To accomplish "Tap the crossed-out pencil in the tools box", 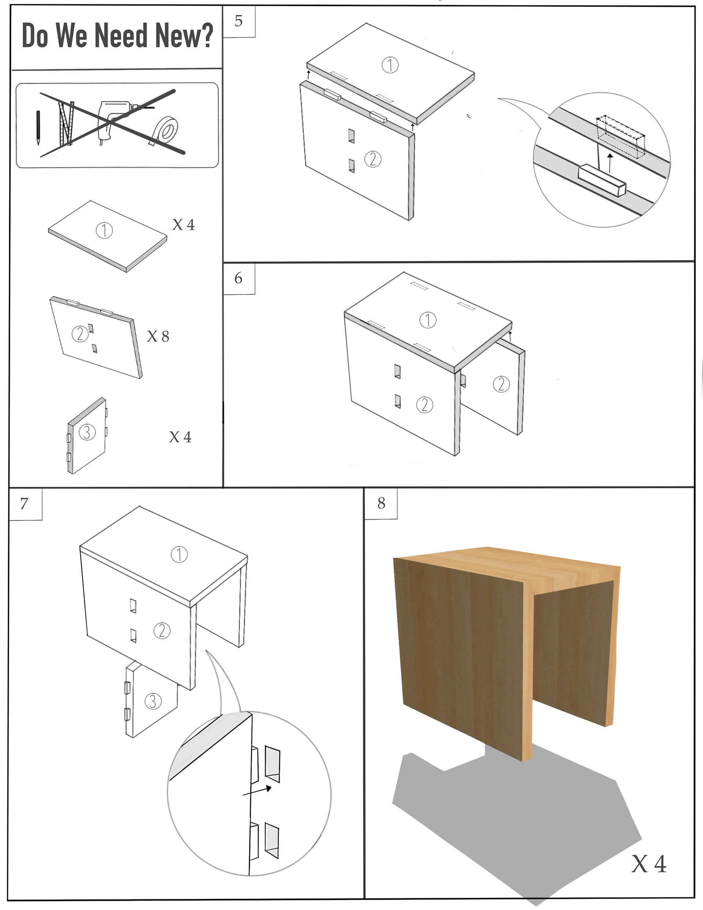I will pyautogui.click(x=38, y=127).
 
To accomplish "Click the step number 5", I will pyautogui.click(x=238, y=21).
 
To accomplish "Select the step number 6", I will pyautogui.click(x=238, y=278).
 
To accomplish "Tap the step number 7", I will pyautogui.click(x=24, y=503).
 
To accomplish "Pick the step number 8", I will pyautogui.click(x=381, y=503).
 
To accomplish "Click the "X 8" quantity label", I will pyautogui.click(x=158, y=336).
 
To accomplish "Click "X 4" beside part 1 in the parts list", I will pyautogui.click(x=184, y=225).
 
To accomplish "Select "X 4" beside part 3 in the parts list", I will pyautogui.click(x=181, y=437).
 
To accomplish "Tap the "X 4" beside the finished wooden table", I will pyautogui.click(x=649, y=864).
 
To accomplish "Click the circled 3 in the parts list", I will pyautogui.click(x=87, y=432).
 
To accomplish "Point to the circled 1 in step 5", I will pyautogui.click(x=390, y=65).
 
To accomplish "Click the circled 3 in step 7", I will pyautogui.click(x=153, y=701).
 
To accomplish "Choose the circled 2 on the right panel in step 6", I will pyautogui.click(x=501, y=384).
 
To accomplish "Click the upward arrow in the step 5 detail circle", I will pyautogui.click(x=610, y=163).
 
